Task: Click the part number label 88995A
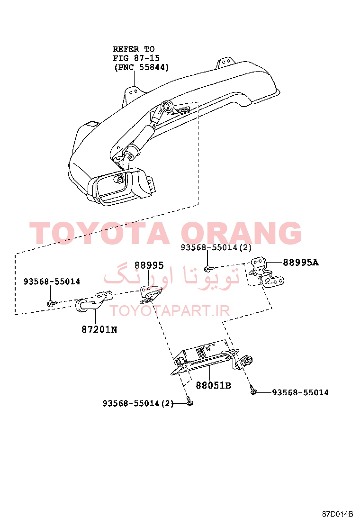[301, 262]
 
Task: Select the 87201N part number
[99, 329]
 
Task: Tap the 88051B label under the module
[214, 385]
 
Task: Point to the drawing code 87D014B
[337, 514]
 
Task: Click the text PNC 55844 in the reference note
[141, 67]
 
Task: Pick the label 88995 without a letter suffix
[149, 265]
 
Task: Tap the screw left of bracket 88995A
[208, 268]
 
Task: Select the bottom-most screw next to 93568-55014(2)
[190, 402]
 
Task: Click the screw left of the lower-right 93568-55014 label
[253, 391]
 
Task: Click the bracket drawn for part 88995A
[267, 273]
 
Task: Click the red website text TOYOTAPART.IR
[170, 310]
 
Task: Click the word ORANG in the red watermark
[241, 233]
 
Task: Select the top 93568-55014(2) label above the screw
[216, 247]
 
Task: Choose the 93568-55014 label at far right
[300, 392]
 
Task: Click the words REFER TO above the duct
[134, 49]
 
